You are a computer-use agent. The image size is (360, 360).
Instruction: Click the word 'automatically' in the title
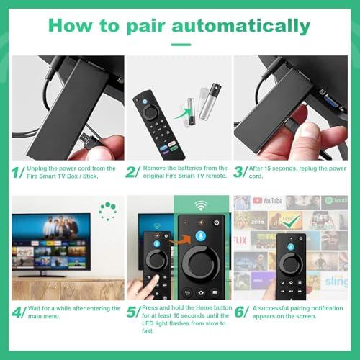click(x=241, y=27)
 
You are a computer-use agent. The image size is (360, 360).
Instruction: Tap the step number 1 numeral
click(x=16, y=172)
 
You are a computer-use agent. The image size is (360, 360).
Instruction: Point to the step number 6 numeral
click(x=239, y=312)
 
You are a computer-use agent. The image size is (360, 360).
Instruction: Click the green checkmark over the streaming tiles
click(x=291, y=221)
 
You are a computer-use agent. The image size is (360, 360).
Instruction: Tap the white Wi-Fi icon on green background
click(x=201, y=205)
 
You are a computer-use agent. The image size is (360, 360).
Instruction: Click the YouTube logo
click(x=267, y=201)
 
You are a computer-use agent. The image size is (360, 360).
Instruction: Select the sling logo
click(x=336, y=282)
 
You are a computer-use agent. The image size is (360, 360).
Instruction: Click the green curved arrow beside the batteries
click(x=182, y=114)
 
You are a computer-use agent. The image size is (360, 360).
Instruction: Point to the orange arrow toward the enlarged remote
click(x=179, y=240)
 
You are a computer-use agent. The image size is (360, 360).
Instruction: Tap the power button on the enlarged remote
click(x=217, y=222)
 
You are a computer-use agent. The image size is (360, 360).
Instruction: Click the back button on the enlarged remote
click(x=187, y=293)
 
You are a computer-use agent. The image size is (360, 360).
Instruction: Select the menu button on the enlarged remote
click(x=215, y=292)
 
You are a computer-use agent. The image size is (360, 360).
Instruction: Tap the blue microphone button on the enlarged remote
click(x=201, y=236)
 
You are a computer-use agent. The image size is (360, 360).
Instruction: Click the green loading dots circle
click(x=108, y=211)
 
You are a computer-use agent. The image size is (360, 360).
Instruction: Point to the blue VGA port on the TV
click(x=331, y=102)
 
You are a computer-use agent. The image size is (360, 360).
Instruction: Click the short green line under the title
click(x=181, y=45)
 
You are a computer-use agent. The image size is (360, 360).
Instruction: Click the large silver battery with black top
click(x=210, y=102)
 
